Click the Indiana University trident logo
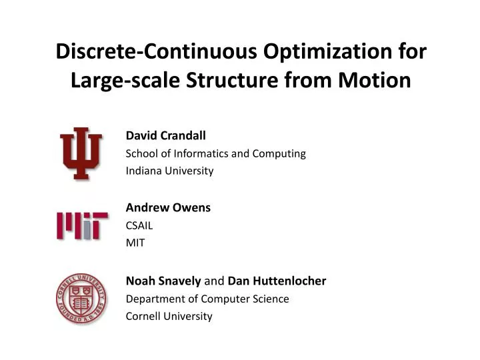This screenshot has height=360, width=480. [x=81, y=153]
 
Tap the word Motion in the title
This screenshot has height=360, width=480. [x=376, y=81]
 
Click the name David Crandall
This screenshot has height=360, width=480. [x=166, y=136]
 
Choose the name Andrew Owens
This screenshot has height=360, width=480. [x=168, y=207]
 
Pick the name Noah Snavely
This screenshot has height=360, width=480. [x=163, y=281]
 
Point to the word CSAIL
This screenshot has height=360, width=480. [x=139, y=225]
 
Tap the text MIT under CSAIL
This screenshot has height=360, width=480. [x=135, y=243]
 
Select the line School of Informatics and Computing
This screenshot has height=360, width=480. [x=215, y=153]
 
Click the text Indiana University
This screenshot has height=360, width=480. [x=169, y=171]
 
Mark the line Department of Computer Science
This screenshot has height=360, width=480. [x=207, y=299]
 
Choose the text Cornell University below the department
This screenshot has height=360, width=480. [x=169, y=316]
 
